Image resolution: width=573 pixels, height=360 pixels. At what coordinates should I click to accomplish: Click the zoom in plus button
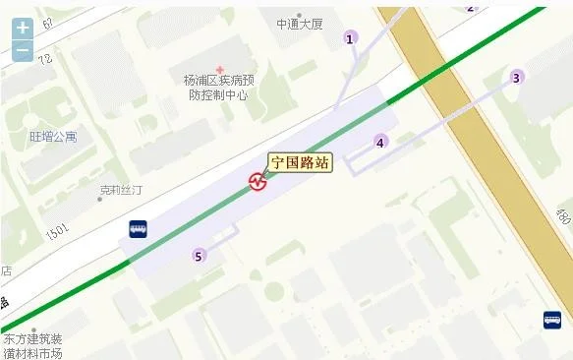pos(23,29)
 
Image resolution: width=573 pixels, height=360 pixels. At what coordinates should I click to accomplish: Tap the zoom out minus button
pos(23,49)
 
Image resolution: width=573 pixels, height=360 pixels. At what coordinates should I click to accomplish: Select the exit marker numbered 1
pos(349,38)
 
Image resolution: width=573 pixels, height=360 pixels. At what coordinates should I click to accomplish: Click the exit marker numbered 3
pos(516,78)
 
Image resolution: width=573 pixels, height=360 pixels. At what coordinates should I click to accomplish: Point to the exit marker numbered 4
pos(380,142)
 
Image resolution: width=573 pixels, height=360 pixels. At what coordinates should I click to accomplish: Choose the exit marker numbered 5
pos(200,256)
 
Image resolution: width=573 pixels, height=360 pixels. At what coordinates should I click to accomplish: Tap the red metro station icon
pos(258,182)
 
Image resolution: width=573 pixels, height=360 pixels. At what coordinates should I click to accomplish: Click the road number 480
pos(561,216)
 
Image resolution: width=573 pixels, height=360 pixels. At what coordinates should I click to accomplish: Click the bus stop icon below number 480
pos(552,320)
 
